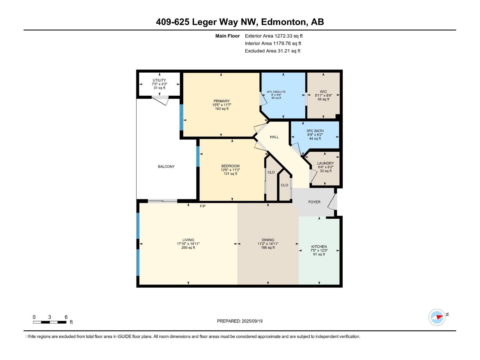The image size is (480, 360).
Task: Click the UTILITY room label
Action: (x=159, y=80)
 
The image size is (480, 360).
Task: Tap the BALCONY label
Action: (x=166, y=166)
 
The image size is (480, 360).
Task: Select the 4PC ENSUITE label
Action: (x=276, y=92)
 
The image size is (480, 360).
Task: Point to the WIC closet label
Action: (x=323, y=91)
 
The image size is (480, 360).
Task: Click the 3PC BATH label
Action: (x=315, y=131)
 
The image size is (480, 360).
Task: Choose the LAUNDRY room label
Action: (x=325, y=163)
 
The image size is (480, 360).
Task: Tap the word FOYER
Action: (x=314, y=202)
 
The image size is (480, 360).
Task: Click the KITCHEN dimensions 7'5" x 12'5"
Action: (x=319, y=250)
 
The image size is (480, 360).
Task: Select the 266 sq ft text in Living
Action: (x=188, y=248)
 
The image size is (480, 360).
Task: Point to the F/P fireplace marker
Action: (x=202, y=206)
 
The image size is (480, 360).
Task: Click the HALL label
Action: (x=274, y=137)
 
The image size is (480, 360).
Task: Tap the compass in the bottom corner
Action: (x=437, y=317)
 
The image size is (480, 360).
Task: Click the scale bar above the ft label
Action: (x=49, y=322)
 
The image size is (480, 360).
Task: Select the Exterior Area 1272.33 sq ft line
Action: (x=274, y=36)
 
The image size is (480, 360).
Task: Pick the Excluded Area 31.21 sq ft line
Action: (x=272, y=51)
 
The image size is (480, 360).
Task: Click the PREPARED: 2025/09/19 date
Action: (x=240, y=321)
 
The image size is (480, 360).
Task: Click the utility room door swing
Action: (x=160, y=100)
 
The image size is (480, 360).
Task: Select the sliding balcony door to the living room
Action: (x=163, y=201)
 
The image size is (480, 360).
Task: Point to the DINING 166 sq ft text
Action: (x=268, y=248)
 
